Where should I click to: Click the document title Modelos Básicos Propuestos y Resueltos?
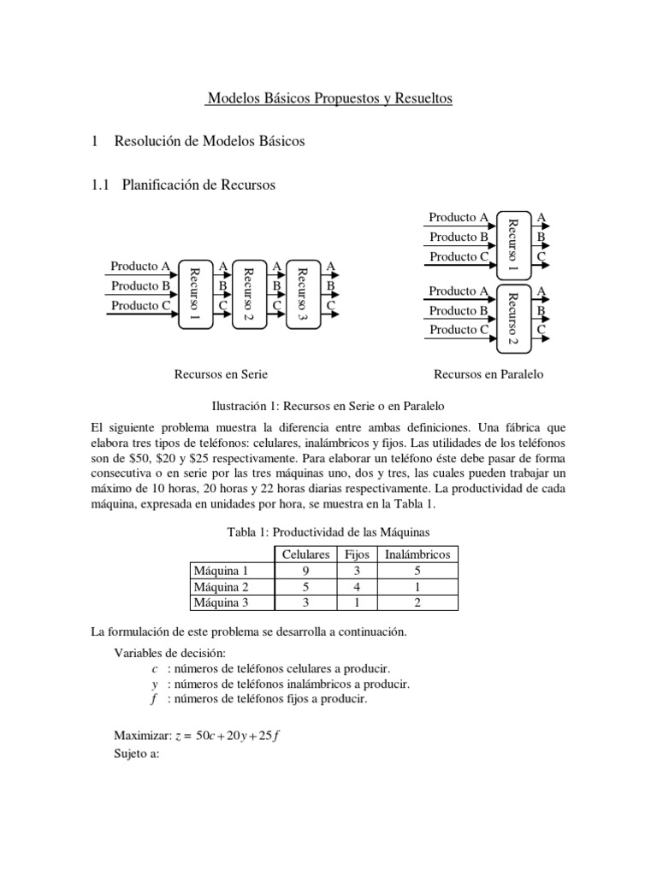pos(328,99)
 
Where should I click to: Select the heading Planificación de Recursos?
pos(198,184)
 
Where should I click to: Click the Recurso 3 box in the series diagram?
pos(301,294)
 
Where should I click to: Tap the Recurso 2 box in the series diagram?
pos(248,294)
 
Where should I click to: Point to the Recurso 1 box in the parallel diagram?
pos(512,244)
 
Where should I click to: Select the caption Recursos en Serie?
pos(215,374)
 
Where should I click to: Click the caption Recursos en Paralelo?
pos(488,374)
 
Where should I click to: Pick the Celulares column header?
pos(305,555)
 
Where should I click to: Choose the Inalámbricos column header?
pos(417,555)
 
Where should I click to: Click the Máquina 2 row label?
pos(220,586)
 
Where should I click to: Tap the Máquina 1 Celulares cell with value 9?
pos(305,570)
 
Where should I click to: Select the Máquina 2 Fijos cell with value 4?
pos(356,586)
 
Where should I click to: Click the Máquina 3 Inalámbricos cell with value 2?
pos(417,602)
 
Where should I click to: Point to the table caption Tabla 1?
pos(328,532)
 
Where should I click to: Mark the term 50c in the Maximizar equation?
pos(207,737)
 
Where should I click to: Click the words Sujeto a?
pos(137,755)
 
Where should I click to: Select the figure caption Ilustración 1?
pos(328,405)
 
